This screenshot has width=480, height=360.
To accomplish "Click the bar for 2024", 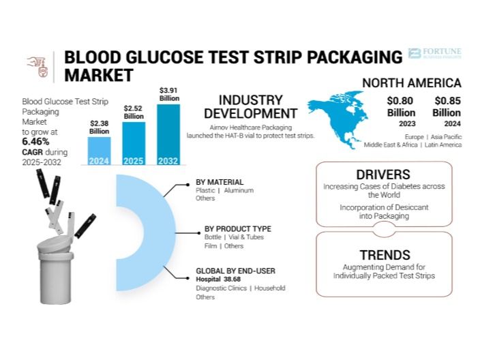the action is (x=99, y=151).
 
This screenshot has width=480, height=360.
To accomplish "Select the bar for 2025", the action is (x=134, y=144).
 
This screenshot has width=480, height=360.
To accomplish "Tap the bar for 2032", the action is (x=168, y=135).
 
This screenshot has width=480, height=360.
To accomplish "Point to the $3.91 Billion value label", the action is (x=169, y=94).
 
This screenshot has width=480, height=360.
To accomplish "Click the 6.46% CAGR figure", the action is (x=35, y=142).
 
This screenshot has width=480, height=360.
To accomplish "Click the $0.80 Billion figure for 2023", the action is (x=401, y=106).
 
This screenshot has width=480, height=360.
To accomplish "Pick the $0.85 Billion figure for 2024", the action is (x=447, y=106).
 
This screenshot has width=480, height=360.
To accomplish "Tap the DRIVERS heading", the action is (x=383, y=175).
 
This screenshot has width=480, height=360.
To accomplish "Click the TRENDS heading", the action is (x=385, y=255).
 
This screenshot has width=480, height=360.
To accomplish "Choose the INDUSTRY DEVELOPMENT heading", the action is (x=250, y=107).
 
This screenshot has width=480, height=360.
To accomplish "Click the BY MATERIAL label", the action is (x=220, y=182).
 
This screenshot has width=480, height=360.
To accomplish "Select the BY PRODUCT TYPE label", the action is (x=238, y=229).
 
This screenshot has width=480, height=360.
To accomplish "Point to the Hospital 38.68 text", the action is (x=218, y=279).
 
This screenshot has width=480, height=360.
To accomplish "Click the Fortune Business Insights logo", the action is (x=434, y=53).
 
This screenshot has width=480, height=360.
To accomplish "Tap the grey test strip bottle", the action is (x=55, y=269).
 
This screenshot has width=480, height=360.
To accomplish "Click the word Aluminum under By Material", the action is (x=239, y=190).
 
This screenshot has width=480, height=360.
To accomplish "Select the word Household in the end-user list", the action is (x=270, y=288).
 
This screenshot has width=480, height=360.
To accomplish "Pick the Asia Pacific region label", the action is (x=447, y=137).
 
